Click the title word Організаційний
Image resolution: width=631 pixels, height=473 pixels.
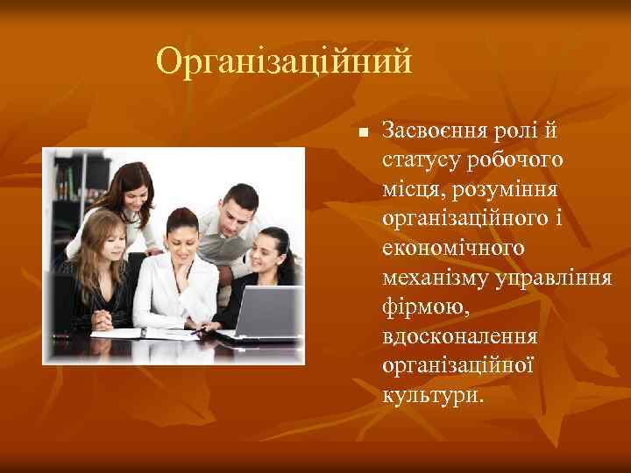283,62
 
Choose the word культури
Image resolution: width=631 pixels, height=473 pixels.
431,395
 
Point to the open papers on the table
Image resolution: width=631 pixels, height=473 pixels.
145,333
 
